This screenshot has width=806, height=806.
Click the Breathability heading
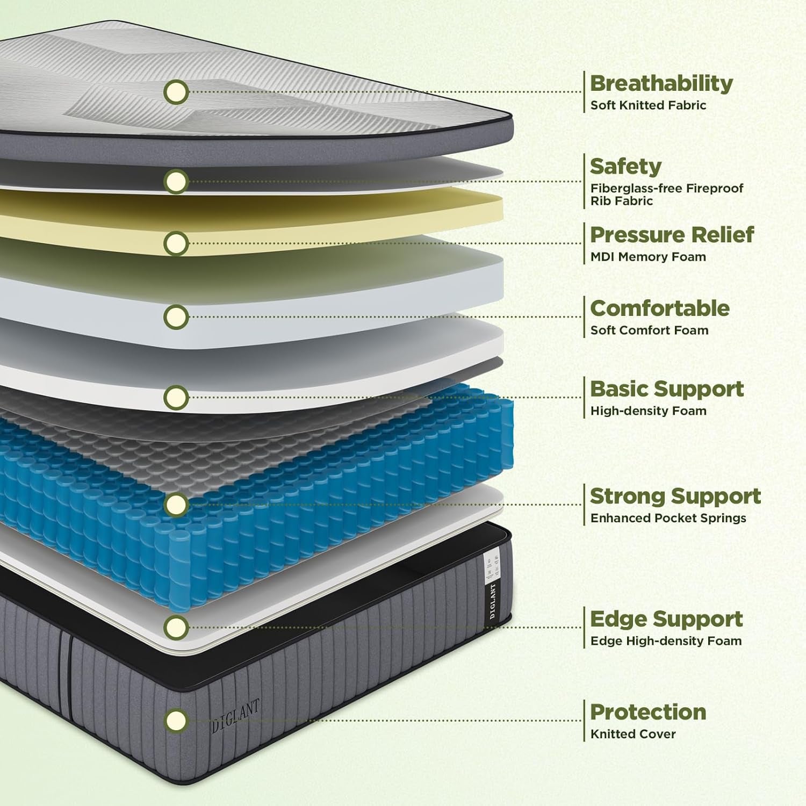(661, 83)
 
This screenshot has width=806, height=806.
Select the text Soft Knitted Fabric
(648, 105)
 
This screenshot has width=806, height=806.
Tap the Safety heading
(625, 167)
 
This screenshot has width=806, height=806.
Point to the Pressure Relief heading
(672, 235)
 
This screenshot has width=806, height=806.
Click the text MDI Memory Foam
(648, 257)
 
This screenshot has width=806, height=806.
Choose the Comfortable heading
(660, 308)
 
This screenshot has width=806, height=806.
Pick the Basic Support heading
(667, 389)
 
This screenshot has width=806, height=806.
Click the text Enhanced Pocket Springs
(668, 519)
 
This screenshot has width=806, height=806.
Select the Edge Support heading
(666, 619)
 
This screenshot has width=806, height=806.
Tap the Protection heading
(648, 712)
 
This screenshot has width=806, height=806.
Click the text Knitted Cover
(633, 734)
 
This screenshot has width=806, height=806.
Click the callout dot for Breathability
(176, 92)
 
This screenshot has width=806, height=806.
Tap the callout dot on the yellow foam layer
(176, 243)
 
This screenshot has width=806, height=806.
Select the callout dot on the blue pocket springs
(176, 504)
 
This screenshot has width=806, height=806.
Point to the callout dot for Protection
(176, 719)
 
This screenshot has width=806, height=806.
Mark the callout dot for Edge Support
(176, 627)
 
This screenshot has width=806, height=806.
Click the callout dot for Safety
(176, 181)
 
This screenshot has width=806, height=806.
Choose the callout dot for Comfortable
(176, 316)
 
